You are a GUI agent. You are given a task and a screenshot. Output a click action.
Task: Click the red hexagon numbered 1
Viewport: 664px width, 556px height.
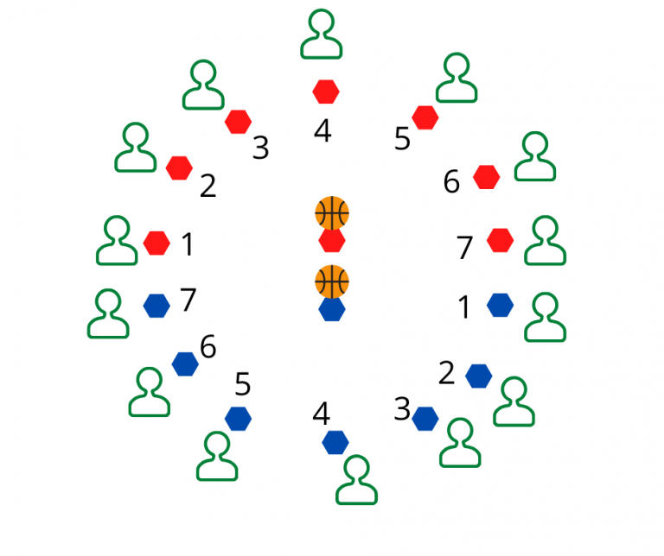pyautogui.click(x=156, y=243)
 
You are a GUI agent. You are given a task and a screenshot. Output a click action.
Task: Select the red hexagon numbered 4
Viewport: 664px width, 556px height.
pyautogui.click(x=325, y=91)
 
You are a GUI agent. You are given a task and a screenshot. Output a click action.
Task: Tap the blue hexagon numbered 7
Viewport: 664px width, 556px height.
pyautogui.click(x=156, y=305)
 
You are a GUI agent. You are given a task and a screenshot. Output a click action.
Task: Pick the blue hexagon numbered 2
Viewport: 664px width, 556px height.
pyautogui.click(x=478, y=376)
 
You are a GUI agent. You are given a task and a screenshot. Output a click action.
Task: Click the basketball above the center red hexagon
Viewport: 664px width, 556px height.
pyautogui.click(x=332, y=212)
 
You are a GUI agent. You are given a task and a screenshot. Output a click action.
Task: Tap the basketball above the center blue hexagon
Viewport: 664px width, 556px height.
pyautogui.click(x=332, y=281)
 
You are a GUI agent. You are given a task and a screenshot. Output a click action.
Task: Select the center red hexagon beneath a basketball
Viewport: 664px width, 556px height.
pyautogui.click(x=332, y=241)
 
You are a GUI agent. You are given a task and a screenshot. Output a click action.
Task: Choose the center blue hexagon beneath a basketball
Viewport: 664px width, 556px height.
pyautogui.click(x=332, y=309)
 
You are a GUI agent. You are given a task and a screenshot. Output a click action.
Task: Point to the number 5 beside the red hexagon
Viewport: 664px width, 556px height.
pyautogui.click(x=402, y=139)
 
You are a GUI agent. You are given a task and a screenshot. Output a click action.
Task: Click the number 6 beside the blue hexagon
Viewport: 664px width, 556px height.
pyautogui.click(x=207, y=347)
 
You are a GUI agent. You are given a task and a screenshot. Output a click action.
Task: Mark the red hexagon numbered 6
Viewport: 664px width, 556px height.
pyautogui.click(x=487, y=177)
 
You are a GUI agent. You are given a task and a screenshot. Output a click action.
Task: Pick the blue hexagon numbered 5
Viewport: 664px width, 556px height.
pyautogui.click(x=238, y=419)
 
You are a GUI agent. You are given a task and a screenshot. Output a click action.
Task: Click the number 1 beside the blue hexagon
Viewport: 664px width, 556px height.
pyautogui.click(x=464, y=307)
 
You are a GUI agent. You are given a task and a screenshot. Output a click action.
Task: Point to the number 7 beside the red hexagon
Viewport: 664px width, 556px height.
pyautogui.click(x=465, y=248)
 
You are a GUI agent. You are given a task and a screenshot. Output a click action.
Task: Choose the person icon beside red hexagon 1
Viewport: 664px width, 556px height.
pyautogui.click(x=117, y=241)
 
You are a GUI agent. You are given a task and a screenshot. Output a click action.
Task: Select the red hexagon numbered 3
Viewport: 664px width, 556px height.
pyautogui.click(x=238, y=122)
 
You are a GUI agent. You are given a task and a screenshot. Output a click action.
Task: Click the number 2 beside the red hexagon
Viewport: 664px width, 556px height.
pyautogui.click(x=207, y=186)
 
